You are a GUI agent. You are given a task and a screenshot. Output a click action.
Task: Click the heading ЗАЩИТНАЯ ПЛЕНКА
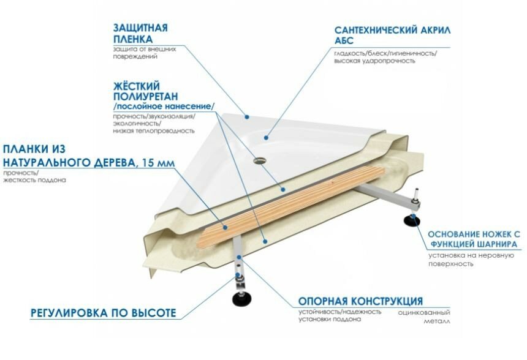(x=140, y=33)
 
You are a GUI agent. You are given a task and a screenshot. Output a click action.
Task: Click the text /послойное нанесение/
(x=164, y=106)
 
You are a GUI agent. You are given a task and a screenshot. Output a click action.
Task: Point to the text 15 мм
(x=157, y=162)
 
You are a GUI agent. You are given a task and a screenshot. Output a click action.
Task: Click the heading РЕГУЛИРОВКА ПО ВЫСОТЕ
(x=104, y=313)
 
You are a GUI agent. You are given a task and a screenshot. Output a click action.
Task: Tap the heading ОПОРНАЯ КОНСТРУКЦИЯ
(x=360, y=301)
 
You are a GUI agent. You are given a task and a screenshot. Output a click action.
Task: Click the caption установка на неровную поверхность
(x=470, y=259)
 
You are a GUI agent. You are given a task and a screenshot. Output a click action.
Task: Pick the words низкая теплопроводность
(x=154, y=130)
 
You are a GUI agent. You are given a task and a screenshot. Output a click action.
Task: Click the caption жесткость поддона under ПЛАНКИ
(x=34, y=181)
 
